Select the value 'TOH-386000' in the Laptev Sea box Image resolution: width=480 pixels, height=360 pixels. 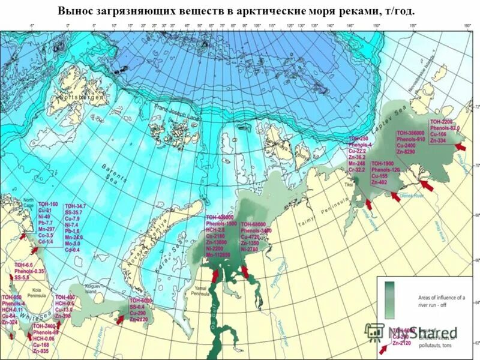coord(412,133)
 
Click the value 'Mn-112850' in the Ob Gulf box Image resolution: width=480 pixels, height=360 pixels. coord(218,254)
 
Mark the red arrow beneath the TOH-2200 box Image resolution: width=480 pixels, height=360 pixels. coord(461,146)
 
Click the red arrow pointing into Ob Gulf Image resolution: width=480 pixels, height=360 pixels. coord(215,274)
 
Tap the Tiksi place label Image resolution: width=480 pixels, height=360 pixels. coord(350,184)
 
